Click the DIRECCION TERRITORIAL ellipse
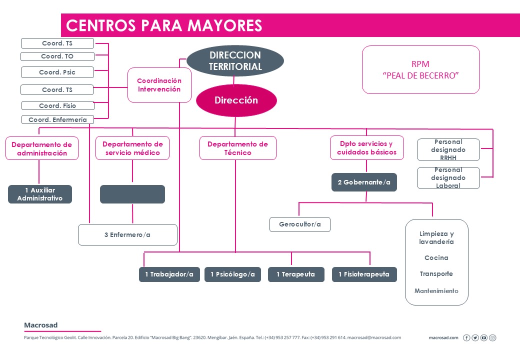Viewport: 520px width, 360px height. pyautogui.click(x=235, y=61)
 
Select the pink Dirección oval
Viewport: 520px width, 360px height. pyautogui.click(x=236, y=100)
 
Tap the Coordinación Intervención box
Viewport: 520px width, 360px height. pyautogui.click(x=159, y=85)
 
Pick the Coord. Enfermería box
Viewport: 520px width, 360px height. pyautogui.click(x=57, y=119)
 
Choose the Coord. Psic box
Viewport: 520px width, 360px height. pyautogui.click(x=57, y=72)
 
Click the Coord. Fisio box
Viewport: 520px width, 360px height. pyautogui.click(x=57, y=105)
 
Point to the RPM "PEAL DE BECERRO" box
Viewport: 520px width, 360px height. pyautogui.click(x=421, y=69)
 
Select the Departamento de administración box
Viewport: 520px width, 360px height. pyautogui.click(x=42, y=148)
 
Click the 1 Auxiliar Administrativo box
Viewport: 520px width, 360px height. pyautogui.click(x=40, y=194)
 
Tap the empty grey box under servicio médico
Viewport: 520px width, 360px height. pyautogui.click(x=132, y=194)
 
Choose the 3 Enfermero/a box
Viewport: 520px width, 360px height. pyautogui.click(x=127, y=234)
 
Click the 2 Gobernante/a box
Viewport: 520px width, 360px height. pyautogui.click(x=364, y=182)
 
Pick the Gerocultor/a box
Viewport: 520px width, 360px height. pyautogui.click(x=300, y=224)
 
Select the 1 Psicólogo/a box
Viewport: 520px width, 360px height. pyautogui.click(x=233, y=274)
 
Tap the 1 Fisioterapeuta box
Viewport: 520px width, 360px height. pyautogui.click(x=364, y=274)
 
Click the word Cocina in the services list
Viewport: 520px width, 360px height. pyautogui.click(x=436, y=258)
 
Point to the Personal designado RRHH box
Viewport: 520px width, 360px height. pyautogui.click(x=448, y=150)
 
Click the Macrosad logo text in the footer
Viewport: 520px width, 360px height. pyautogui.click(x=41, y=325)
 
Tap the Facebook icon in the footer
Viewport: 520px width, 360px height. pyautogui.click(x=466, y=338)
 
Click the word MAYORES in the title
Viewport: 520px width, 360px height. pyautogui.click(x=224, y=25)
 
